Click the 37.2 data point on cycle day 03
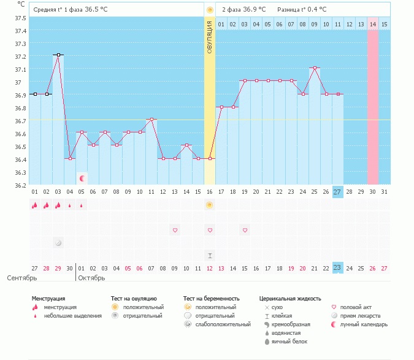pyautogui.click(x=58, y=55)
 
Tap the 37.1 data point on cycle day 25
pyautogui.click(x=315, y=68)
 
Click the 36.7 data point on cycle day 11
pyautogui.click(x=151, y=120)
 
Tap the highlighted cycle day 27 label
pyautogui.click(x=338, y=192)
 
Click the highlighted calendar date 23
pyautogui.click(x=338, y=268)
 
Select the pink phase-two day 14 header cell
pyautogui.click(x=373, y=25)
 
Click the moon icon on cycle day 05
pyautogui.click(x=82, y=178)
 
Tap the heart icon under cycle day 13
pyautogui.click(x=175, y=230)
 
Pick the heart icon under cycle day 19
pyautogui.click(x=245, y=230)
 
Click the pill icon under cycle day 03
pyautogui.click(x=58, y=243)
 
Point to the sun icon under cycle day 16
pyautogui.click(x=210, y=205)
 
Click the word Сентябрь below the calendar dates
pyautogui.click(x=21, y=278)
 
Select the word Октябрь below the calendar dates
pyautogui.click(x=92, y=278)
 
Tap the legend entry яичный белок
pyautogui.click(x=286, y=341)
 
